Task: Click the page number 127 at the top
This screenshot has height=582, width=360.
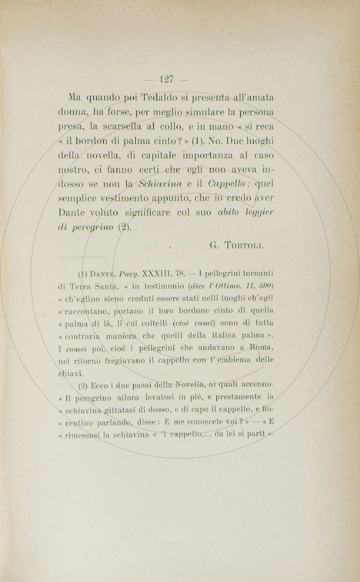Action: pos(167,79)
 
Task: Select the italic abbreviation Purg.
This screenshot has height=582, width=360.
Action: pos(125,274)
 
